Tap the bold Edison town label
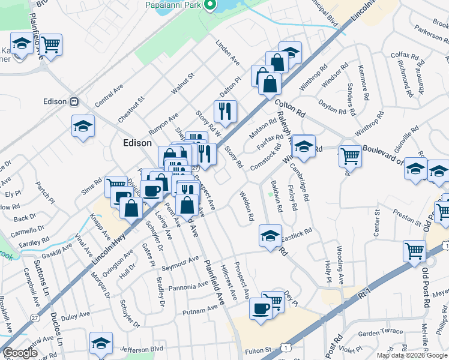tap(137, 143)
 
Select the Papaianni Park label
tap(173, 5)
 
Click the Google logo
tap(20, 353)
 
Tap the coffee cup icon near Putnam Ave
tap(261, 308)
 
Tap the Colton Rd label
tap(291, 109)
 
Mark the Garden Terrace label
tap(380, 331)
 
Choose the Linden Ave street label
tap(228, 53)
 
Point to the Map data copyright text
tap(412, 355)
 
